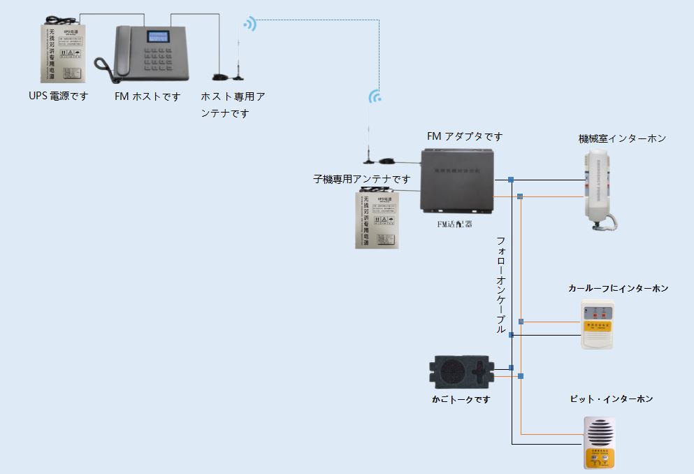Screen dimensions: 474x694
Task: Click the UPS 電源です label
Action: pyautogui.click(x=59, y=96)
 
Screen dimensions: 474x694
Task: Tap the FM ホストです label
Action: pyautogui.click(x=147, y=96)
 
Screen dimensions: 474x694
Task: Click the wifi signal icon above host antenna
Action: pyautogui.click(x=250, y=24)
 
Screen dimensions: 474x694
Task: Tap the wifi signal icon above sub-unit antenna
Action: pyautogui.click(x=375, y=96)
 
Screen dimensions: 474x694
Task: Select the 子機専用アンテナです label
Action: pyautogui.click(x=361, y=179)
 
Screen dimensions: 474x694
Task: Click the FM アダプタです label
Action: pyautogui.click(x=465, y=136)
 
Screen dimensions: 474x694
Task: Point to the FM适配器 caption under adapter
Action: pyautogui.click(x=454, y=224)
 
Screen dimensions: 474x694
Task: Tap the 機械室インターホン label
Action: pyautogui.click(x=622, y=138)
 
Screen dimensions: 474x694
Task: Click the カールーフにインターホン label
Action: pyautogui.click(x=618, y=288)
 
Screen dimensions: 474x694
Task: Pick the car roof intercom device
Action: pyautogui.click(x=598, y=324)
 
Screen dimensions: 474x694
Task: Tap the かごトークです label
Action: pyautogui.click(x=461, y=399)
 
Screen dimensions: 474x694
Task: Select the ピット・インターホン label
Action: pyautogui.click(x=612, y=398)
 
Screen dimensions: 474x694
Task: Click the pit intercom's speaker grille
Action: pyautogui.click(x=599, y=434)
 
